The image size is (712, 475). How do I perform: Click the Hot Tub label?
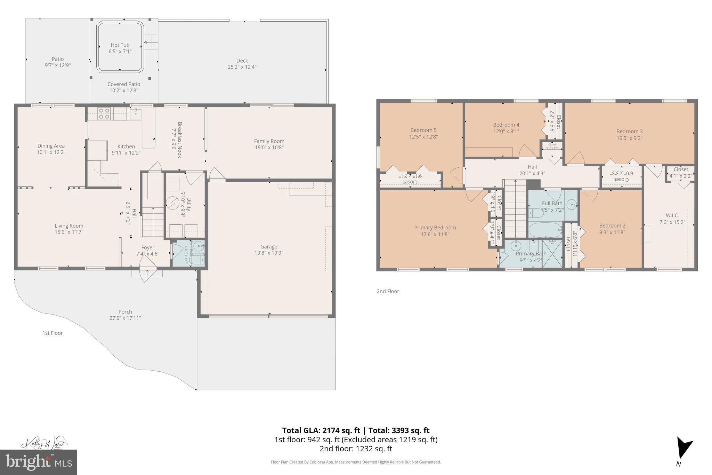120,45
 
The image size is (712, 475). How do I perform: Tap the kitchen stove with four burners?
104,113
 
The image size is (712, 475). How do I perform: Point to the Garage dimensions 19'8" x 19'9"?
269,253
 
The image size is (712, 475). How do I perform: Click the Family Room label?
269,141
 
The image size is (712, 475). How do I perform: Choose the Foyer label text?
148,247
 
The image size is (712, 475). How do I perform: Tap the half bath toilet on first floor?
197,260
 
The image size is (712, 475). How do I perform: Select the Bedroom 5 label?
423,130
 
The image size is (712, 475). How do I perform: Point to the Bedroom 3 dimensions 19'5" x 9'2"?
629,138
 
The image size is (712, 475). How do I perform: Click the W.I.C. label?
672,215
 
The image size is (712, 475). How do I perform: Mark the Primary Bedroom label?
435,228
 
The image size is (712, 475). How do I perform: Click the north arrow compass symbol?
683,452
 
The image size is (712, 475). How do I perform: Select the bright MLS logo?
39,462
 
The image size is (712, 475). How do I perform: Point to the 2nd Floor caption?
388,291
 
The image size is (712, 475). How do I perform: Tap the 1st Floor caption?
52,333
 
